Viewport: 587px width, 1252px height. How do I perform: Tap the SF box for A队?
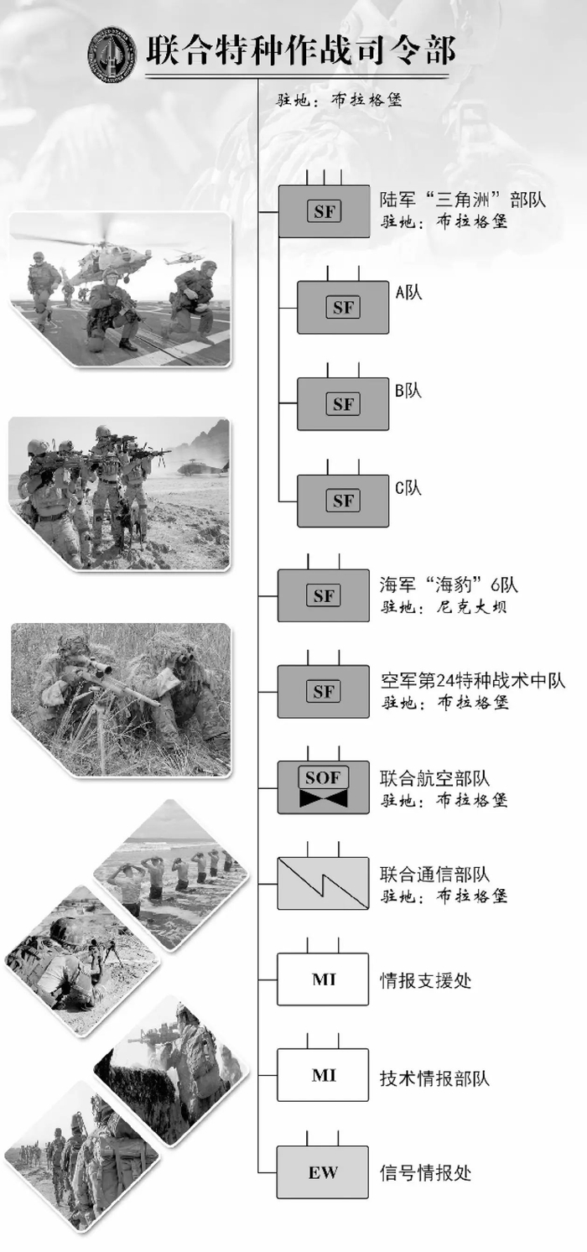(343, 308)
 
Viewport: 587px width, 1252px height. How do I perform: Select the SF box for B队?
(343, 404)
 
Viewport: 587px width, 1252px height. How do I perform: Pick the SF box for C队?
(343, 501)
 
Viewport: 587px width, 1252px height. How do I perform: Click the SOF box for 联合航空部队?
(323, 787)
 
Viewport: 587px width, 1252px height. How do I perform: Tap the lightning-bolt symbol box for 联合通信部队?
(323, 883)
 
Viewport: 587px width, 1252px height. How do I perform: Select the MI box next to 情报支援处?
(323, 979)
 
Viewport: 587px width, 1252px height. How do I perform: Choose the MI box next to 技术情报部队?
(323, 1075)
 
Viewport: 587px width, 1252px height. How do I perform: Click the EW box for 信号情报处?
(323, 1171)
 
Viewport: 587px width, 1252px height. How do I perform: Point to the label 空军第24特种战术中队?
(473, 681)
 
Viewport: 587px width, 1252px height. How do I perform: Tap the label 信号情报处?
(425, 1171)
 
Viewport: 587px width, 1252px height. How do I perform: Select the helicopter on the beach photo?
(200, 467)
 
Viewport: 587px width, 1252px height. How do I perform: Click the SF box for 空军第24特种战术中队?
(323, 692)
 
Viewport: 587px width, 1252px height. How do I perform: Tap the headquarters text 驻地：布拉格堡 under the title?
(340, 101)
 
